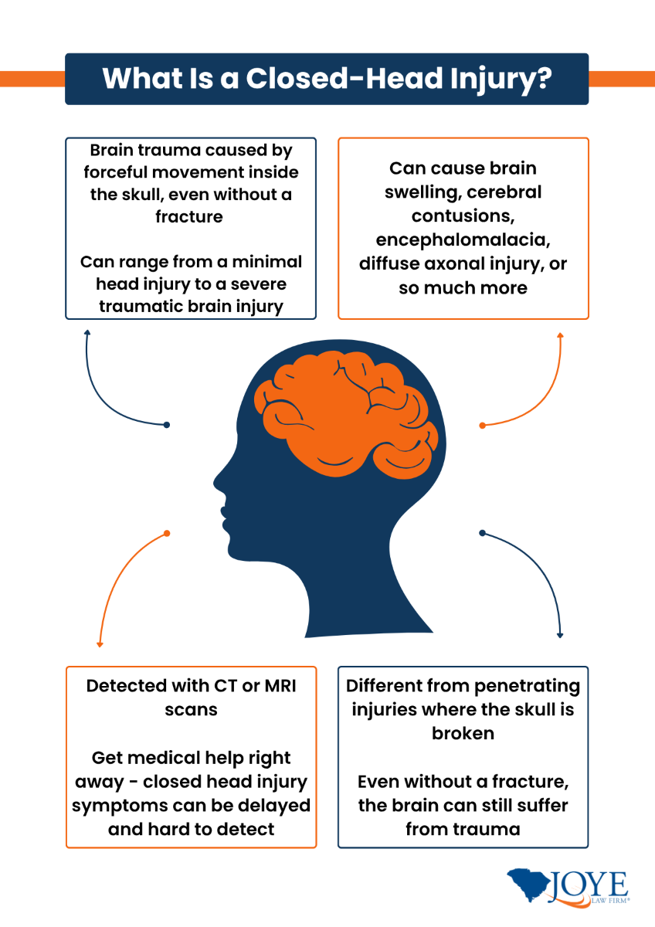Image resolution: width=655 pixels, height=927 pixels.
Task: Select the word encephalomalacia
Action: click(x=463, y=239)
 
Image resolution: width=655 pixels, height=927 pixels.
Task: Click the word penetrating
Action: click(x=530, y=685)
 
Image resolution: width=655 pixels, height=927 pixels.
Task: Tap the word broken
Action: click(x=463, y=732)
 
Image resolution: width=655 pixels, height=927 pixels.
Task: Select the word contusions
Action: click(x=463, y=216)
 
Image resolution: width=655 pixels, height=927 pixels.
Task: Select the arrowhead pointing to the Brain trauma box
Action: click(x=87, y=333)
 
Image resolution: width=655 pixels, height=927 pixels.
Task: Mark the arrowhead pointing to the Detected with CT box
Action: click(x=99, y=644)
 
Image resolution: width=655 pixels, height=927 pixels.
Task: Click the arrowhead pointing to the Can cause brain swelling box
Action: click(x=561, y=335)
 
